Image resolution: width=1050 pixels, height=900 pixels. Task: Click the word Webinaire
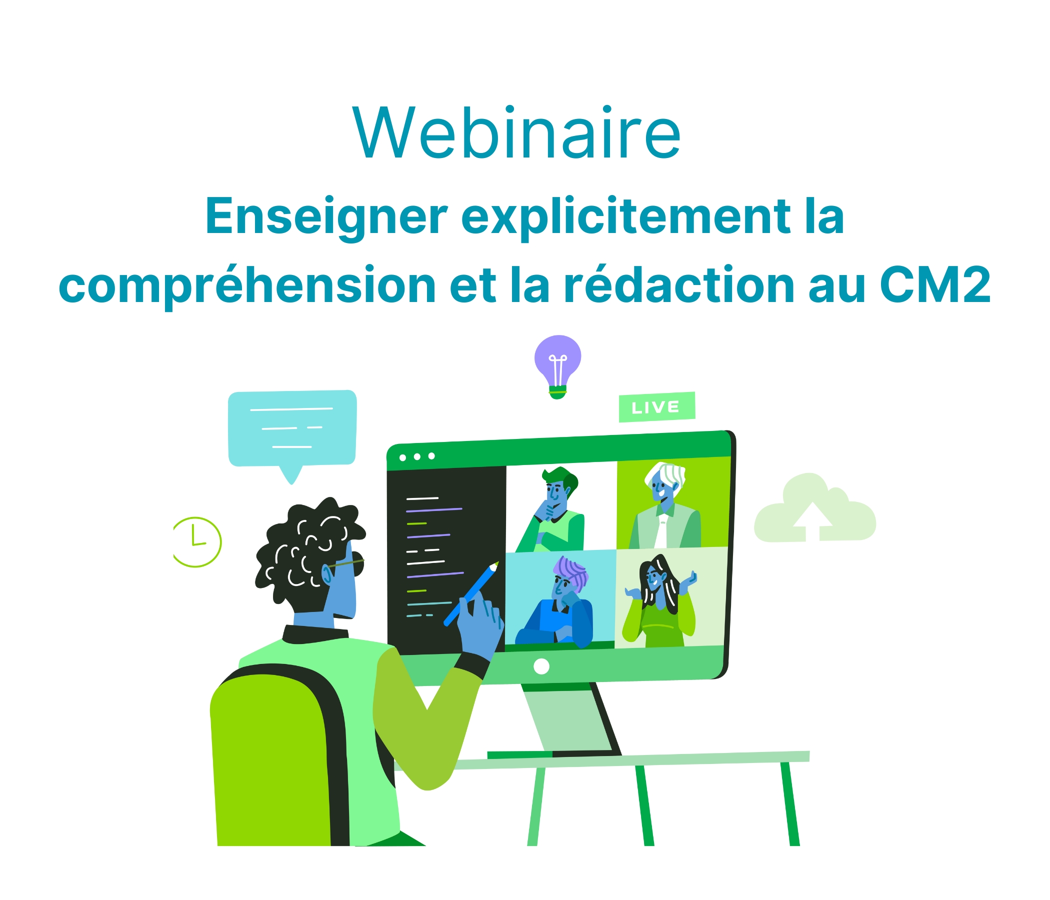tap(516, 133)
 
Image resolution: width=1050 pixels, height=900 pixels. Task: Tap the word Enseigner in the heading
tap(326, 216)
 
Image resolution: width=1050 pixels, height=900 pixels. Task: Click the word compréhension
tap(247, 286)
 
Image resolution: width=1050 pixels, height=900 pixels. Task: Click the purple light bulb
tap(557, 366)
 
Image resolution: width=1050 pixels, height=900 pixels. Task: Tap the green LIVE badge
tap(657, 407)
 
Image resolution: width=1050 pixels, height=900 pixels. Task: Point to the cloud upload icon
tap(815, 508)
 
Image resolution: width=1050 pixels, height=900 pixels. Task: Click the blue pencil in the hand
tap(471, 594)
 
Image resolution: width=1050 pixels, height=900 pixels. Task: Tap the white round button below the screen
tap(541, 666)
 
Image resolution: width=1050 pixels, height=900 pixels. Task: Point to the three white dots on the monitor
tap(417, 456)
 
